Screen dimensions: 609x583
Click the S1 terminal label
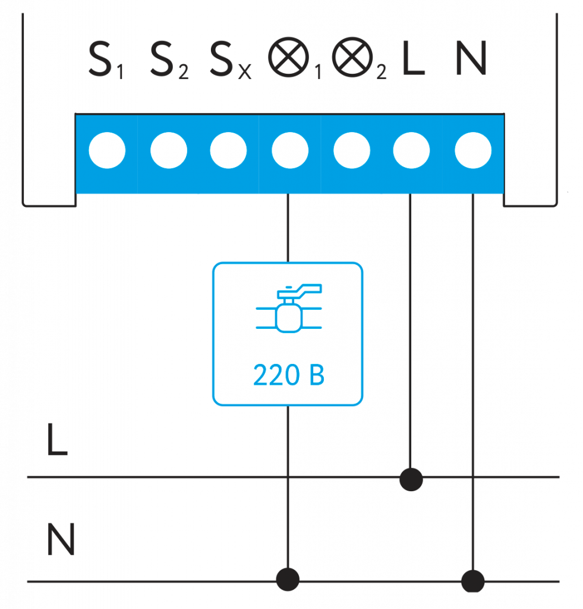[106, 59]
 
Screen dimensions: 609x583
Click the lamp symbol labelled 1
[291, 59]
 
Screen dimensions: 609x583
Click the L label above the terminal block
[413, 58]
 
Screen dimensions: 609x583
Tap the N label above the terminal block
[471, 58]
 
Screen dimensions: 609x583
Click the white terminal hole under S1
[107, 151]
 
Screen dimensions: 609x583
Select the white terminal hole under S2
[169, 151]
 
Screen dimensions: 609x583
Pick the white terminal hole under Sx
[229, 151]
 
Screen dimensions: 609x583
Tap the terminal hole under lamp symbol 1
[290, 151]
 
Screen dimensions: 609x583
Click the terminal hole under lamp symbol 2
[352, 151]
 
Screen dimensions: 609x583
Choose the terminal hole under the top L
[411, 151]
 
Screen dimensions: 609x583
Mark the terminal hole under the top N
[473, 151]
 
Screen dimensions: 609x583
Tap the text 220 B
[289, 376]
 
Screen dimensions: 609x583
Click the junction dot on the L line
[411, 478]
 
